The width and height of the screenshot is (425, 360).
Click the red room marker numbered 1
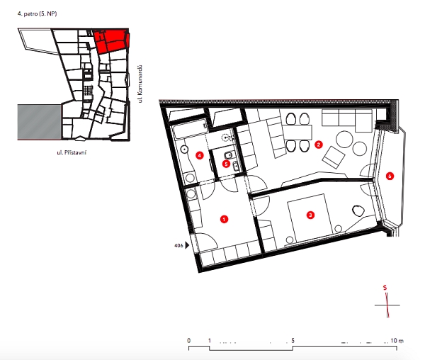coord(224,219)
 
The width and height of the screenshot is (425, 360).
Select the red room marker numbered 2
coord(319,145)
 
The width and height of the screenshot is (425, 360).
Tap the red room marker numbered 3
coord(310,215)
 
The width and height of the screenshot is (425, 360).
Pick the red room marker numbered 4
coord(200,155)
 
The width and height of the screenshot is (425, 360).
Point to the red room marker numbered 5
coord(226,164)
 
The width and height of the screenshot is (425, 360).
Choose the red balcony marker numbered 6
coord(390,176)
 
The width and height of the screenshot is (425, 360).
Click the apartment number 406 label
coord(178,246)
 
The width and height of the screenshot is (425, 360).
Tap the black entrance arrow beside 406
coord(187,245)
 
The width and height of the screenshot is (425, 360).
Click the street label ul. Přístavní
coord(72,152)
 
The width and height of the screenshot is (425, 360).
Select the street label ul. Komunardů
coord(140,84)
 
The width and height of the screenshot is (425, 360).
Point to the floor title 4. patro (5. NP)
coord(37,14)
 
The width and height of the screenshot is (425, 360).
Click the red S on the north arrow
coord(385,288)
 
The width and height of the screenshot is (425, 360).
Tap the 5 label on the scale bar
coord(293,340)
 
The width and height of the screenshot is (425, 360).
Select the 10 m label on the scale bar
coord(397,340)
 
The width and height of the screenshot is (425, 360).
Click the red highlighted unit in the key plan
coord(111,40)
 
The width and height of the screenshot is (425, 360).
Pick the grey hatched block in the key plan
coord(39,122)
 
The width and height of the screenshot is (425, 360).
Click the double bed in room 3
coord(310,218)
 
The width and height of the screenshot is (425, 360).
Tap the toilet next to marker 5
coord(229,155)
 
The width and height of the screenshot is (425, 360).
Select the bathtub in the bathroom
coord(190,129)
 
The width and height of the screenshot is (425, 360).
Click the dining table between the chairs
coord(297,133)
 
